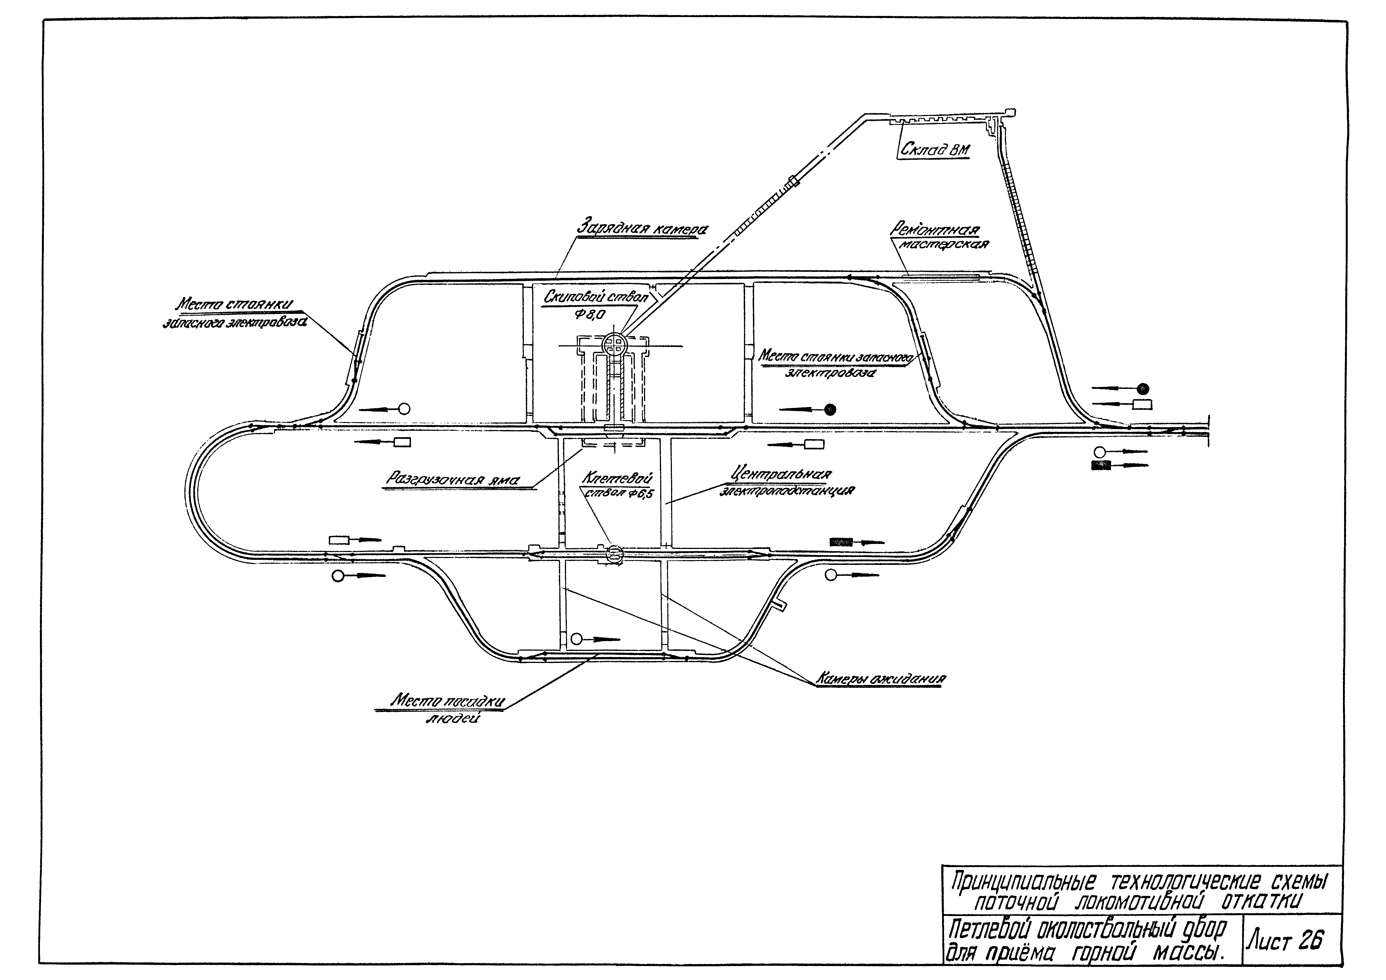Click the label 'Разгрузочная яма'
pos(453,480)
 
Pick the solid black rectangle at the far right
pos(1101,465)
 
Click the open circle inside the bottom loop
pos(577,638)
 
